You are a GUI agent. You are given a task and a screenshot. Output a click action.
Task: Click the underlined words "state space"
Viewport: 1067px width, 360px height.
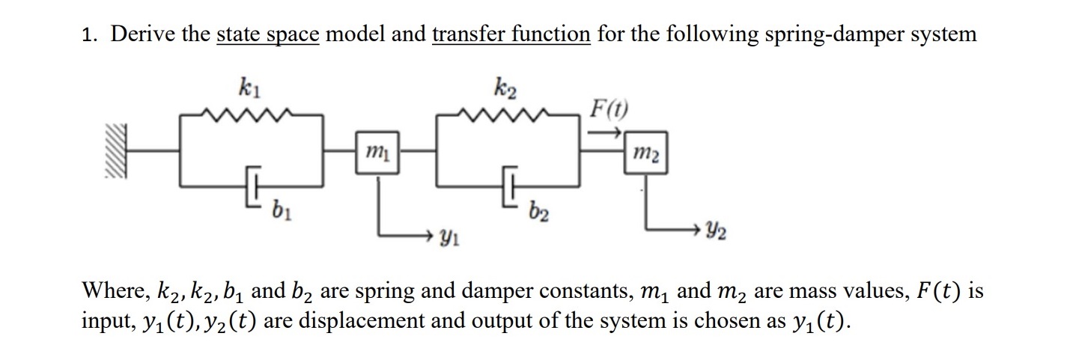tap(268, 34)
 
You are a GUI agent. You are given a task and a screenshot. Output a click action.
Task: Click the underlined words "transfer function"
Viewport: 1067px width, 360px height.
tap(511, 34)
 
